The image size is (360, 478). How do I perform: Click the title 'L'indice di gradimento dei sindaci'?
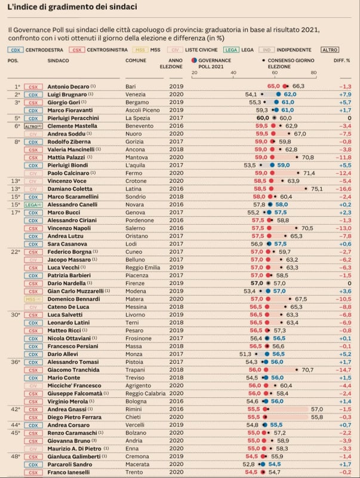point(72,7)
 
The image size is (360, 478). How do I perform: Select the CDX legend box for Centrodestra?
point(16,50)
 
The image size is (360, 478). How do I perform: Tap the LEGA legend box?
point(231,50)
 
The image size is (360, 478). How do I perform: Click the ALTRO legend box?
point(329,50)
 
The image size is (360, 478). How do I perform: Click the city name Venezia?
point(135,94)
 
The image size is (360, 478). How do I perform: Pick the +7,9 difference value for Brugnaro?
point(344,94)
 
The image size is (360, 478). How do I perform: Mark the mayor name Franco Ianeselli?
point(69,472)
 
